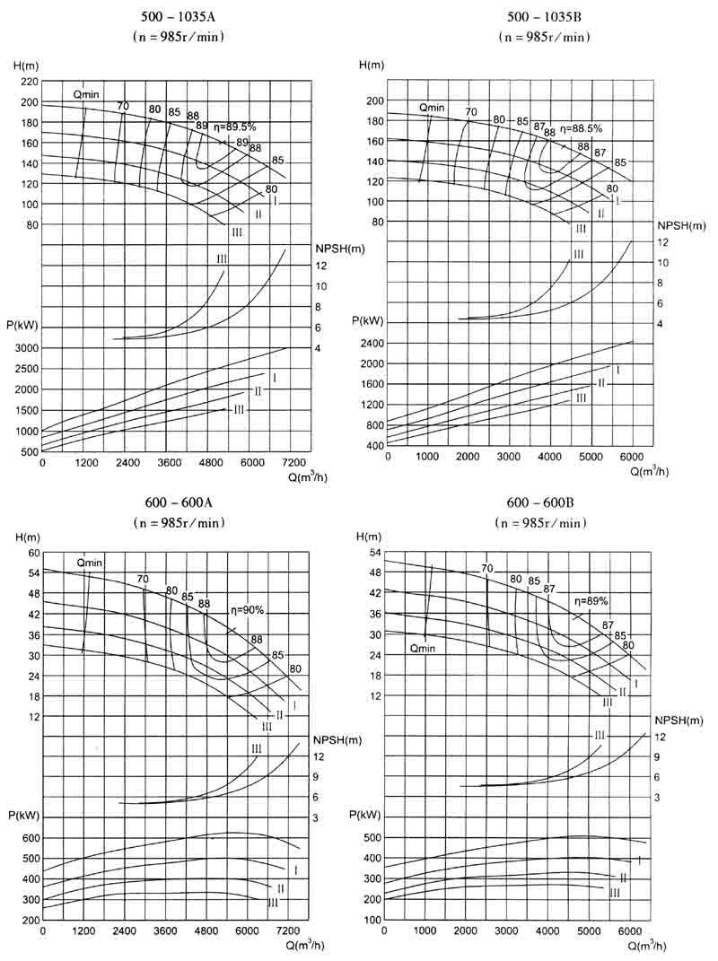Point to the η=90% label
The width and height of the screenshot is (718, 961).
(244, 610)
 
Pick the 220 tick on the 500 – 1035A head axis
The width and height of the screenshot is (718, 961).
(28, 81)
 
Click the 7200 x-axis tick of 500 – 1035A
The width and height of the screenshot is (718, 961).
(296, 463)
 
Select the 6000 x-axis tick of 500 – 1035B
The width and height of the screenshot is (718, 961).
(633, 456)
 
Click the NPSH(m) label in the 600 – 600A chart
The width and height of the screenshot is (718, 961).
(338, 739)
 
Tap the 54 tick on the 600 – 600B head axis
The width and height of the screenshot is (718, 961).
(376, 553)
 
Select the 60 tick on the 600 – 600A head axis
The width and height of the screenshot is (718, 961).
(34, 553)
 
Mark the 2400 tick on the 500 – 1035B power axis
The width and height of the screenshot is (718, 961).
(372, 344)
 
